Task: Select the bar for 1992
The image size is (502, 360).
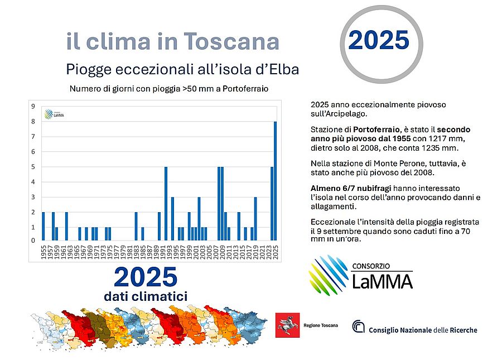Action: tap(166, 203)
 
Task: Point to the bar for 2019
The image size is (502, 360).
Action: tap(255, 218)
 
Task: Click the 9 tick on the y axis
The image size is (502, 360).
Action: tap(33, 106)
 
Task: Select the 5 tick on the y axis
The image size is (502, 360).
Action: tap(33, 167)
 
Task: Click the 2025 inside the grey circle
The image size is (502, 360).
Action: tap(379, 40)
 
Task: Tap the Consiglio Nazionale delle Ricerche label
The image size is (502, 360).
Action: tap(423, 330)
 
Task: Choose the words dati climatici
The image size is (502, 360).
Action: tap(146, 296)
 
